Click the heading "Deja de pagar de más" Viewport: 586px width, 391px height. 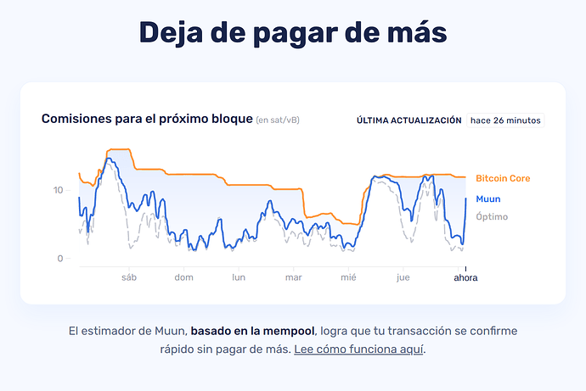292,33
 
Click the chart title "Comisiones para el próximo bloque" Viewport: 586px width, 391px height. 147,119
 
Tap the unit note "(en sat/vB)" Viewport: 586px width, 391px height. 278,120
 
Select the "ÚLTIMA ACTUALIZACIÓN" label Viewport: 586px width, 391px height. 409,120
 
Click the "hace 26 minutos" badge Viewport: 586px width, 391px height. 505,120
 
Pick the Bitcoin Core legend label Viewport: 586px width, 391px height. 503,178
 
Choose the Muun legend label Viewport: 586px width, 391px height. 487,198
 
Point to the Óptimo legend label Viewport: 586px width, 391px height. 492,216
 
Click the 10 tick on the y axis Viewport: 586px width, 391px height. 58,190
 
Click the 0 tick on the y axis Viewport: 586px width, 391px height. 60,259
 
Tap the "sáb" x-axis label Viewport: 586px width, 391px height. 129,277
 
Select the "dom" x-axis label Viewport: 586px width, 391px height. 184,277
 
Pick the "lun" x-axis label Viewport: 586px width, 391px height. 239,277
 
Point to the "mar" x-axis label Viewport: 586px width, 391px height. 294,277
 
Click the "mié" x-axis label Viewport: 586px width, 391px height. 348,277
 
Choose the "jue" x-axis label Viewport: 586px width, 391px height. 403,277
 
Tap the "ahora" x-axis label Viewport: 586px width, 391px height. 465,277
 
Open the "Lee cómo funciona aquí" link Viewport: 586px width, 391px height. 359,349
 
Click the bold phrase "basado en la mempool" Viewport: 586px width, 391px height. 252,330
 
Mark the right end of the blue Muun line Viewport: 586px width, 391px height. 466,198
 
